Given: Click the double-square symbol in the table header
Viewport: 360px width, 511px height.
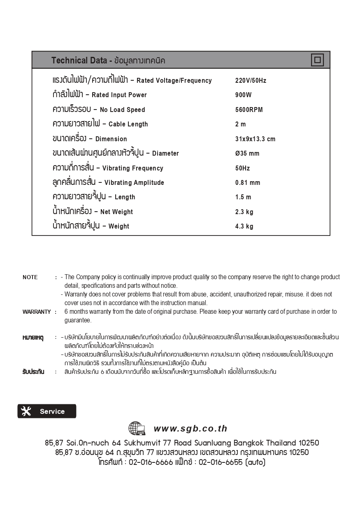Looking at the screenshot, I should (x=317, y=60).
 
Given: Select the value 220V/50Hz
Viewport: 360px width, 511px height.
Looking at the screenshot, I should (x=251, y=81).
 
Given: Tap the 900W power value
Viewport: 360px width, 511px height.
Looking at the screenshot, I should (x=243, y=95).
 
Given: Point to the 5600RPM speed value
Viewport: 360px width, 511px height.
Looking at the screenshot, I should (x=249, y=110).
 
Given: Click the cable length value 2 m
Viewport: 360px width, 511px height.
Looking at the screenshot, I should (x=240, y=124).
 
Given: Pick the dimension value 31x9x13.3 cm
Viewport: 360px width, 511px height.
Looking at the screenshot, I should (x=255, y=139).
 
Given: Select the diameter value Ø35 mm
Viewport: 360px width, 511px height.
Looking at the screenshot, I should (x=247, y=154).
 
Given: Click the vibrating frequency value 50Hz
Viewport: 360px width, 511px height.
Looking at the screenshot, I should (x=242, y=168).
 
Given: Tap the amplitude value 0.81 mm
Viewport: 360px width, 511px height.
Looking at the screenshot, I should (x=248, y=183).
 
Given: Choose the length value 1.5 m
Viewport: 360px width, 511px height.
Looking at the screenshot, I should (x=243, y=197).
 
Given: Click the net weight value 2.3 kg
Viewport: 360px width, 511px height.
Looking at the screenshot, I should (x=244, y=212).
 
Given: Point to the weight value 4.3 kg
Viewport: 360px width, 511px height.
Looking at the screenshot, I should (x=244, y=226).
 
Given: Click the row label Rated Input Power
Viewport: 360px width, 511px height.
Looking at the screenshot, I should (x=119, y=95).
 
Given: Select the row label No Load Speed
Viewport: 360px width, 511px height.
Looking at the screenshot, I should (x=122, y=110).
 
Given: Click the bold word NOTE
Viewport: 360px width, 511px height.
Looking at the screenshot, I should (x=30, y=278).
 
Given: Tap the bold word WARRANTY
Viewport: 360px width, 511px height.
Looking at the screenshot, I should (x=37, y=312).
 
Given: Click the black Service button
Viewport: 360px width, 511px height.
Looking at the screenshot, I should (x=46, y=411).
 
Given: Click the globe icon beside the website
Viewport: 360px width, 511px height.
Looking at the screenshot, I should (x=137, y=429).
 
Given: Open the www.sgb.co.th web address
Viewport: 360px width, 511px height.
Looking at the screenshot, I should (x=190, y=429).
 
